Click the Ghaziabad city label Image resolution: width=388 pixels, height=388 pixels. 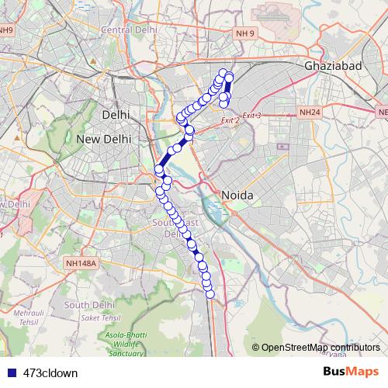(x=334, y=67)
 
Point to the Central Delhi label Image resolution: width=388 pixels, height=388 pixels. (x=130, y=29)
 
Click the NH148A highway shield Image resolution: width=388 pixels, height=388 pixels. (x=81, y=263)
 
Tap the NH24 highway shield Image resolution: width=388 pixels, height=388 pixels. (x=309, y=113)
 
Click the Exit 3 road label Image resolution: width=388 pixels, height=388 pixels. (x=251, y=116)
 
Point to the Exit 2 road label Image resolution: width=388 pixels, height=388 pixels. (x=230, y=120)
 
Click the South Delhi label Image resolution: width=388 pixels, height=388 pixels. (x=90, y=305)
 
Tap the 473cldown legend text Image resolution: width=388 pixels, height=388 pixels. (x=50, y=372)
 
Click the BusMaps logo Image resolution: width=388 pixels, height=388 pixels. (x=351, y=372)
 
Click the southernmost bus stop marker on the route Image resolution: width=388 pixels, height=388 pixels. (x=210, y=293)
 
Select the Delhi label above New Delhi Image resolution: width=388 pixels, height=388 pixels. (x=115, y=114)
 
